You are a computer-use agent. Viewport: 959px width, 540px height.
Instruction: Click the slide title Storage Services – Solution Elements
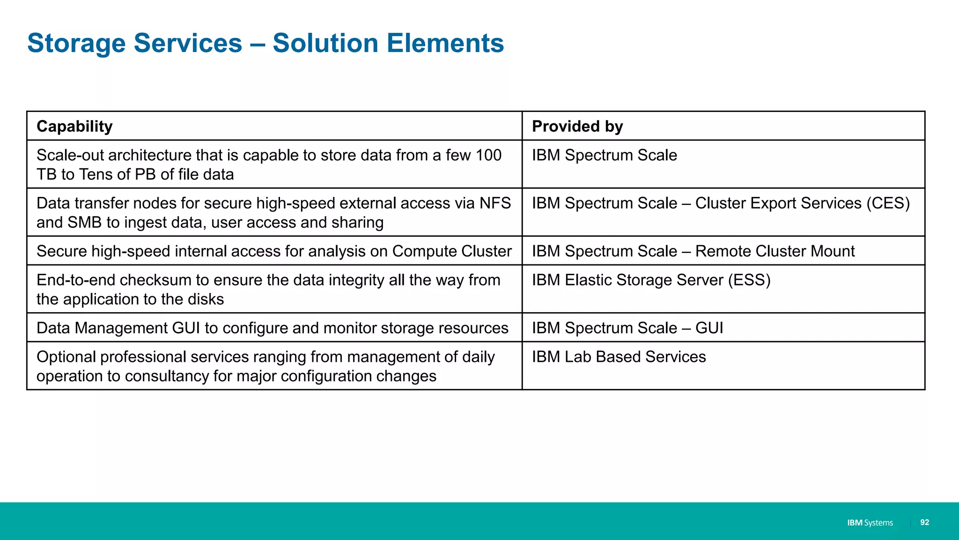click(x=266, y=43)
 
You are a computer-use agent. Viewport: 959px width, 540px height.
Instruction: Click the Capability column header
click(x=74, y=127)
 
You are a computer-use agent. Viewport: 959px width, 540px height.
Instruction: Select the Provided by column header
click(x=577, y=127)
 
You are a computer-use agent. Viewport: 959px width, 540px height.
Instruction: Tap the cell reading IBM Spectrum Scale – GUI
click(x=627, y=328)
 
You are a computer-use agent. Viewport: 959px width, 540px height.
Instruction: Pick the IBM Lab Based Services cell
click(x=619, y=357)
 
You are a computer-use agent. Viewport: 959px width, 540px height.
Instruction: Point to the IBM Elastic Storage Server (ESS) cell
click(x=651, y=280)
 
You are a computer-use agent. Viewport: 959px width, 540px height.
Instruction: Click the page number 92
click(x=924, y=522)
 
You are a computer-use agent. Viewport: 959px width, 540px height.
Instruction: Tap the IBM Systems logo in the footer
click(x=870, y=523)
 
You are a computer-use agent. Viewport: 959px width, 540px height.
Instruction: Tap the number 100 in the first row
click(x=488, y=155)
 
